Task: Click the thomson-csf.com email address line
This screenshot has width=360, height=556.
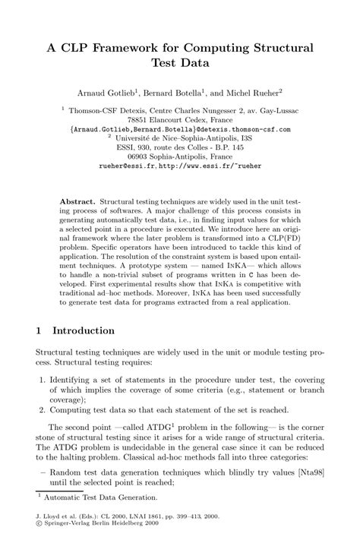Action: tap(181, 129)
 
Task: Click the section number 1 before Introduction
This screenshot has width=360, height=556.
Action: tap(39, 330)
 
